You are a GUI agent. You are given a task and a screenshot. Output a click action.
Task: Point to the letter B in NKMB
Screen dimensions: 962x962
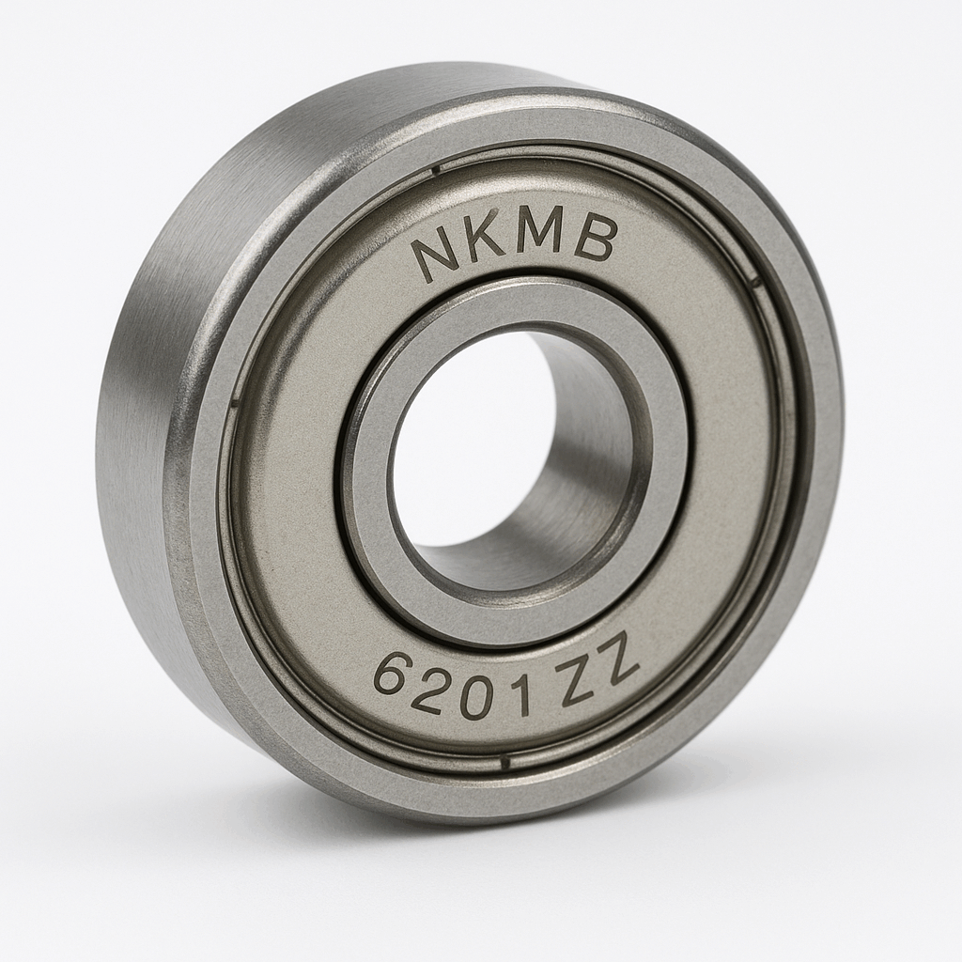click(x=595, y=240)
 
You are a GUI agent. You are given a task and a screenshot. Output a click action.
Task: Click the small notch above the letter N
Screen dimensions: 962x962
click(x=435, y=170)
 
